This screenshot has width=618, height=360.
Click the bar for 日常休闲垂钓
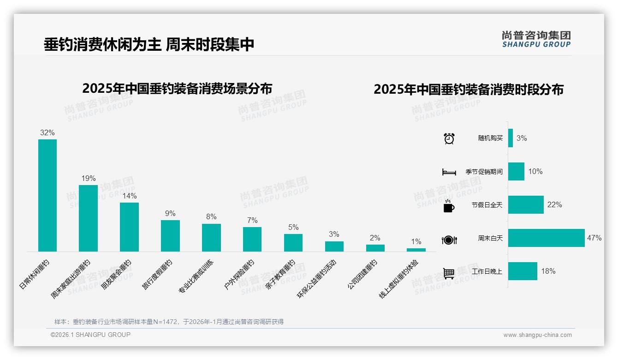pos(48,195)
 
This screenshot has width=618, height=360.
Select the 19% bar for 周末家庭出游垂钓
pos(88,218)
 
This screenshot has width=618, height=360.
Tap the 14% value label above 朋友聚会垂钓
pos(130,196)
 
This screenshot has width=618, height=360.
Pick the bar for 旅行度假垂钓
pos(170,235)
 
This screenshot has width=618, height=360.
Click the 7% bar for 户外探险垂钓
pos(252,239)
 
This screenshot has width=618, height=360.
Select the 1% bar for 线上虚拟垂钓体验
pos(416,250)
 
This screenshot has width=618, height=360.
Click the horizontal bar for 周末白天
pos(546,238)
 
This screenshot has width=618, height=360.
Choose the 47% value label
pos(594,238)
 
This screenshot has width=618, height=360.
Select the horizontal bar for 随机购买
pos(511,138)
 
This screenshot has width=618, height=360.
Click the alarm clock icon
pos(449,138)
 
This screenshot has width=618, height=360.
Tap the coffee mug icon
pos(449,206)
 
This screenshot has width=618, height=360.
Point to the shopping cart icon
pos(449,273)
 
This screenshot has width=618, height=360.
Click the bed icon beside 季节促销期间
pos(449,172)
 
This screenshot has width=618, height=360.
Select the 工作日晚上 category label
pos(487,271)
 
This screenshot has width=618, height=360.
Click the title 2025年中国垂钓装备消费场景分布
pos(177,89)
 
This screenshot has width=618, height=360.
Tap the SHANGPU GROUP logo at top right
pos(536,39)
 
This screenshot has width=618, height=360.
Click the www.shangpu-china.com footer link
pos(537,335)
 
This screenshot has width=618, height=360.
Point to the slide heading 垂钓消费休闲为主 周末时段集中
pos(149,45)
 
